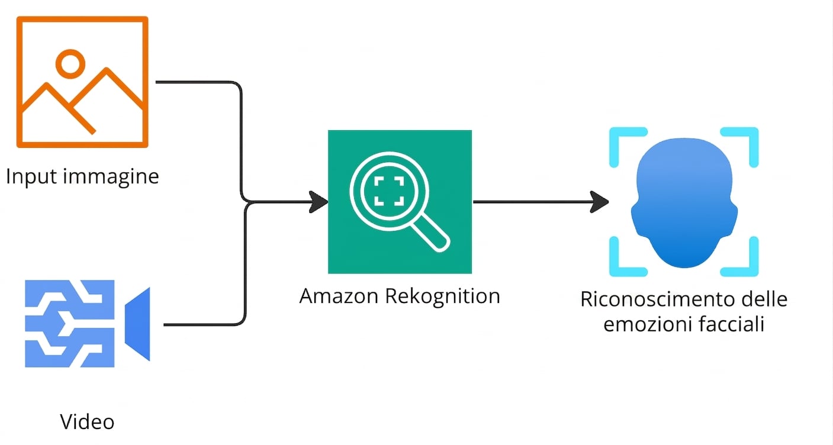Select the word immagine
111,176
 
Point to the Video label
87,422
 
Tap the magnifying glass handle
432,234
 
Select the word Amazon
339,296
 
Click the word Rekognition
442,297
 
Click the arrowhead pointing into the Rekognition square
318,202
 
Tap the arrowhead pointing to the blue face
599,202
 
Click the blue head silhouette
684,202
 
